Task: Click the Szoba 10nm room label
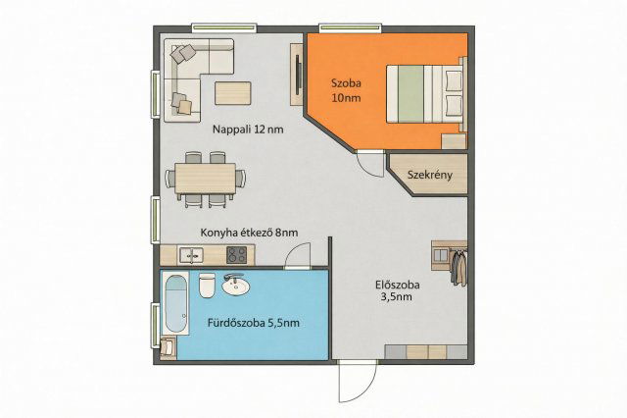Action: pyautogui.click(x=346, y=90)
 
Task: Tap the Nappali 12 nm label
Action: pyautogui.click(x=248, y=130)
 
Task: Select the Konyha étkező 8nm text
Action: pyautogui.click(x=249, y=233)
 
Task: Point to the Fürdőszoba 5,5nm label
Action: pyautogui.click(x=253, y=323)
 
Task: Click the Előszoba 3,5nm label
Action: pyautogui.click(x=398, y=290)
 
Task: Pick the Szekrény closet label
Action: pyautogui.click(x=430, y=175)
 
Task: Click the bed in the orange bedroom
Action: pyautogui.click(x=425, y=93)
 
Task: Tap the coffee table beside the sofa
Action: pyautogui.click(x=233, y=93)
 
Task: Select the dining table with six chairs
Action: pyautogui.click(x=206, y=179)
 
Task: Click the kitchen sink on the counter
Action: pyautogui.click(x=191, y=255)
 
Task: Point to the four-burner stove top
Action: pyautogui.click(x=237, y=255)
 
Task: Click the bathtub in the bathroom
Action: pyautogui.click(x=176, y=303)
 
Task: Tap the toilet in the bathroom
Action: pyautogui.click(x=207, y=286)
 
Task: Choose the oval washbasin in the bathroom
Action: pyautogui.click(x=235, y=286)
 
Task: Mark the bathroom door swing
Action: pyautogui.click(x=298, y=256)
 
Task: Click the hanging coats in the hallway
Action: pyautogui.click(x=459, y=267)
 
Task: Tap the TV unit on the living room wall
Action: pyautogui.click(x=296, y=75)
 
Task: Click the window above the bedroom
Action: pyautogui.click(x=351, y=27)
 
